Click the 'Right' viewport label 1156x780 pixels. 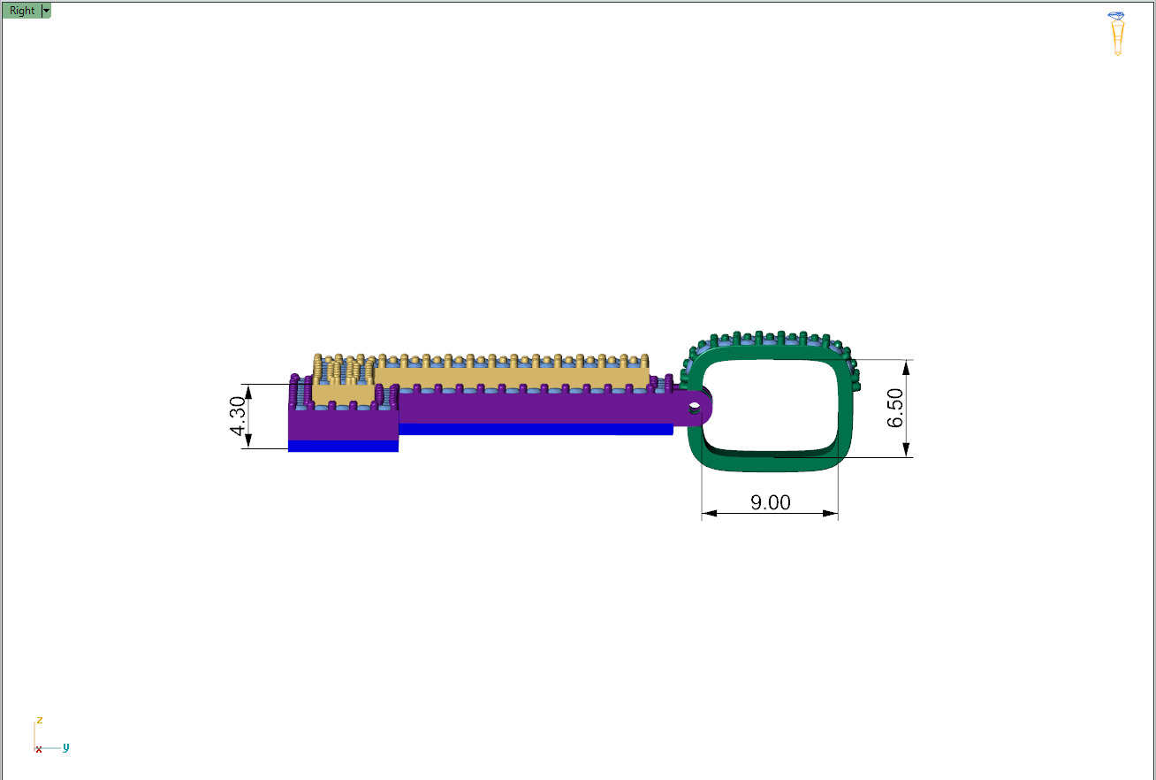click(x=22, y=11)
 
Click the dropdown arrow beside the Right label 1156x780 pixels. click(x=46, y=11)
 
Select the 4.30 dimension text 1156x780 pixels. click(x=238, y=417)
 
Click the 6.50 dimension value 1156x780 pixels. click(x=895, y=408)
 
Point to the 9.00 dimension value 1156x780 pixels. click(x=770, y=502)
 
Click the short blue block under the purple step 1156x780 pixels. click(x=343, y=446)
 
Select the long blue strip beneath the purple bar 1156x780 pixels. click(x=536, y=429)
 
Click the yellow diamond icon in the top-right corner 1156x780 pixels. click(x=1117, y=34)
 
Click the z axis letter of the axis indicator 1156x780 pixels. click(x=39, y=720)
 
